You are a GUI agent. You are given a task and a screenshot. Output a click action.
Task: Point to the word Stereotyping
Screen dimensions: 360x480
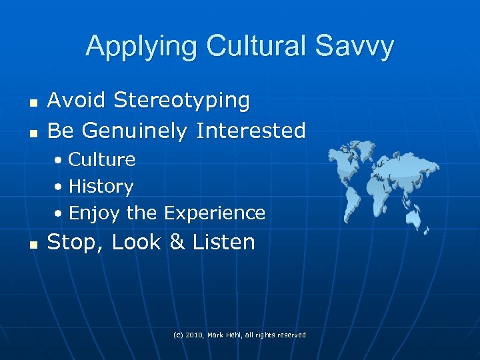pos(182,101)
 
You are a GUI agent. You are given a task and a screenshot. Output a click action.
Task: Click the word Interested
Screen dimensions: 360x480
pos(251,130)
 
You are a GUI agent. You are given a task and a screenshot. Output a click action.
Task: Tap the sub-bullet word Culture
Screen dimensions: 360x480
pos(102,159)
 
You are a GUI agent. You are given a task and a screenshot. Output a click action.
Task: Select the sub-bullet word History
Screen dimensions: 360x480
pos(101,187)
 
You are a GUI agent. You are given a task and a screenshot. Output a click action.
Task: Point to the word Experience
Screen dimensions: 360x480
pos(215,213)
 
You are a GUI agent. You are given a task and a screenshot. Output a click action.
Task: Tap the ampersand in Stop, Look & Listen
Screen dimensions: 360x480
pos(177,242)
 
